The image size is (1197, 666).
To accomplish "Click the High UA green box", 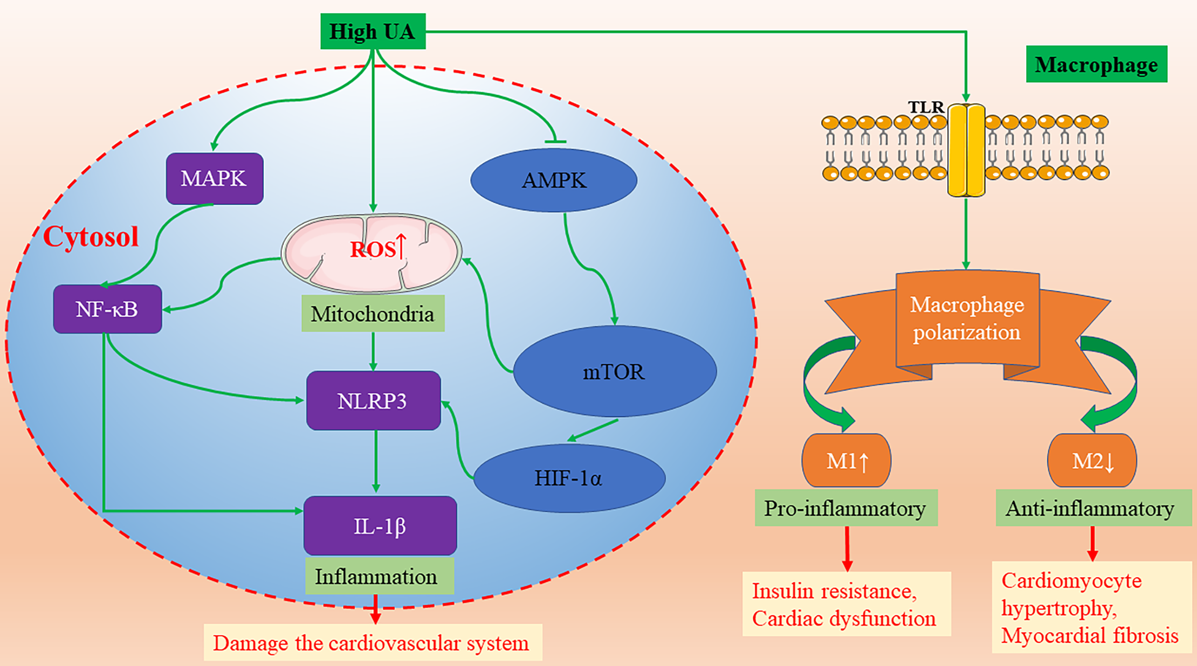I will click(373, 31).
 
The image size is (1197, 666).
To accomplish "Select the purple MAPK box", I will click(214, 178).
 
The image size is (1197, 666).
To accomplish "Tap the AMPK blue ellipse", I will click(554, 180).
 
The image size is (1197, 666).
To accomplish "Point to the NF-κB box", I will click(107, 309).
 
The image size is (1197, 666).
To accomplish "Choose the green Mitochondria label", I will click(373, 314).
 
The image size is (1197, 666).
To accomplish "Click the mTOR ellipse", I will click(614, 372).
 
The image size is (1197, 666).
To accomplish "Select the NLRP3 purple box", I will click(373, 400).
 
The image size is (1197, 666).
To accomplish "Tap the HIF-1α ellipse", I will click(569, 478).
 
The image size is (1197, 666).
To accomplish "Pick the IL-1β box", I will click(380, 526).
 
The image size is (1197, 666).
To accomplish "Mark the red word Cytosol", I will click(91, 237).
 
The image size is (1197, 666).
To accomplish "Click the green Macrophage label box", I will click(1096, 64).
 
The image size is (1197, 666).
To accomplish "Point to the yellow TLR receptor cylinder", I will click(966, 150).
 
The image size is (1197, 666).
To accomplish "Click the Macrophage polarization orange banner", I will click(967, 319).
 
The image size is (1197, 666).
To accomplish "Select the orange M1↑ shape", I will click(847, 461).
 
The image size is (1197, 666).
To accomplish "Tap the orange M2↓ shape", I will click(1092, 461).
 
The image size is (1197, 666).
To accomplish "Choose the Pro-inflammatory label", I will click(845, 508).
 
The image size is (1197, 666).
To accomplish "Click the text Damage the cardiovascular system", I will click(372, 642).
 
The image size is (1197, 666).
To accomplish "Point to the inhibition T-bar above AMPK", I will click(555, 141).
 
